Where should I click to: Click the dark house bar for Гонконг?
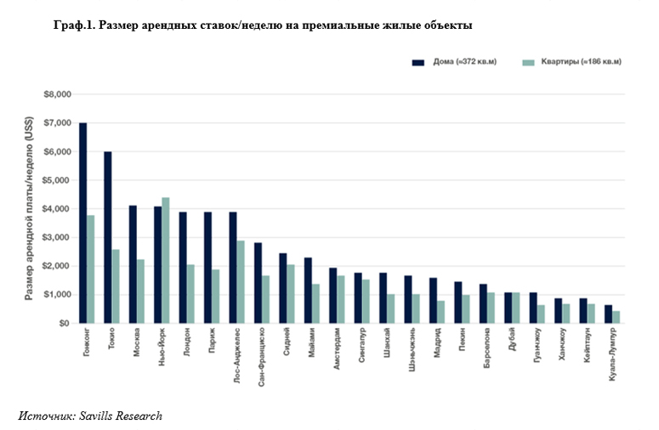pyautogui.click(x=82, y=223)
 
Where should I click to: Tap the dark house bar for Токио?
pyautogui.click(x=108, y=237)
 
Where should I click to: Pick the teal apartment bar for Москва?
pyautogui.click(x=141, y=291)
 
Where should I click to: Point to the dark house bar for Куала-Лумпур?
pyautogui.click(x=608, y=314)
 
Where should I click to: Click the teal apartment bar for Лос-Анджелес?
pyautogui.click(x=241, y=281)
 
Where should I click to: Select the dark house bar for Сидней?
pyautogui.click(x=283, y=288)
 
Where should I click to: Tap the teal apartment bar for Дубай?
pyautogui.click(x=516, y=308)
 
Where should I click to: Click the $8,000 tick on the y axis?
pyautogui.click(x=59, y=94)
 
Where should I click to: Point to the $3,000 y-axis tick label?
pyautogui.click(x=59, y=238)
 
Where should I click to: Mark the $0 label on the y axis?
pyautogui.click(x=64, y=324)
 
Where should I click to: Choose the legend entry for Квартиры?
pyautogui.click(x=571, y=62)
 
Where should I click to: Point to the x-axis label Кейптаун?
pyautogui.click(x=587, y=349)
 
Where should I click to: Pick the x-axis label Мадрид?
pyautogui.click(x=436, y=345)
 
